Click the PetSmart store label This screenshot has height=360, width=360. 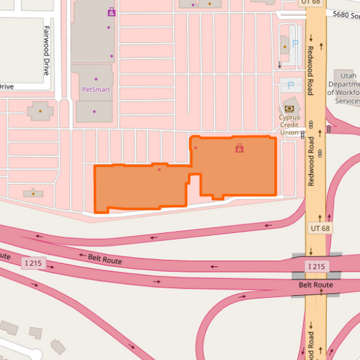tap(96, 88)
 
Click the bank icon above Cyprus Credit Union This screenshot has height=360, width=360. tap(290, 108)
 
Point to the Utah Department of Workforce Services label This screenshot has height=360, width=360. tap(347, 87)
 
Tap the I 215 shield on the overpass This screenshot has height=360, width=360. tap(316, 267)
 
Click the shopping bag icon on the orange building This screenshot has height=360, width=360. tap(239, 148)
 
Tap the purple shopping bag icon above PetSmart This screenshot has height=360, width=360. tap(111, 11)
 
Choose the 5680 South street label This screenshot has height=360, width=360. tap(345, 14)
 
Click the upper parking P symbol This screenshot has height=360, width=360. tap(285, 41)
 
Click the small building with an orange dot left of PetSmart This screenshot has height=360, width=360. tap(40, 110)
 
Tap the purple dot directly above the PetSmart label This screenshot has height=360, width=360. tap(95, 78)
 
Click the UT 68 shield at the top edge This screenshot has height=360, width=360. tap(310, 3)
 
